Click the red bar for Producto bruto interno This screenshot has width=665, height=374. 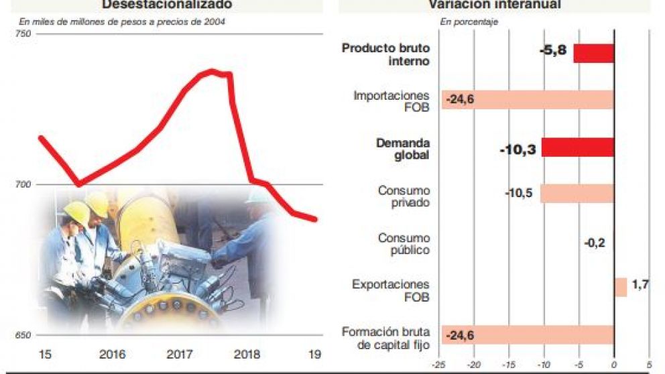pyautogui.click(x=593, y=53)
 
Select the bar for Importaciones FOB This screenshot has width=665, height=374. pyautogui.click(x=528, y=100)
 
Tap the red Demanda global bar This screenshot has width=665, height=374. pyautogui.click(x=577, y=147)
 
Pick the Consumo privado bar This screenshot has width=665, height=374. pyautogui.click(x=577, y=194)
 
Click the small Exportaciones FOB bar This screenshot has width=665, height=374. pyautogui.click(x=620, y=287)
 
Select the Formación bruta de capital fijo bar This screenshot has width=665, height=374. pyautogui.click(x=528, y=334)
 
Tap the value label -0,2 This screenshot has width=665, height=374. pyautogui.click(x=594, y=243)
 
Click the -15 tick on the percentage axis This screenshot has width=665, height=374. pyautogui.click(x=509, y=367)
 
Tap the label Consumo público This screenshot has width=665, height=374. pyautogui.click(x=404, y=244)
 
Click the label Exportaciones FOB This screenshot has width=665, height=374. pyautogui.click(x=391, y=290)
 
